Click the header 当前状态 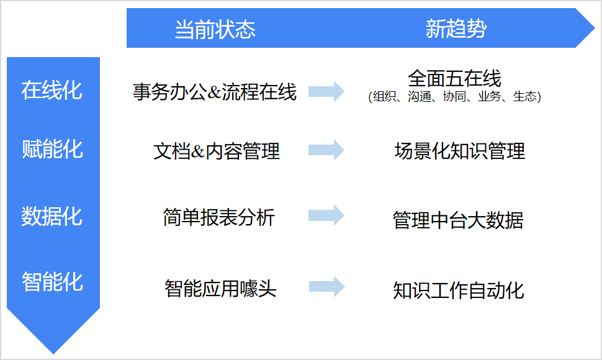(x=215, y=29)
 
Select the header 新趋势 (x=456, y=29)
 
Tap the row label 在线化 (x=52, y=90)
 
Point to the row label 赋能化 (x=52, y=149)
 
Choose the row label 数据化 (x=52, y=216)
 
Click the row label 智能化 (x=52, y=281)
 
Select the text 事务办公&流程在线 (x=215, y=92)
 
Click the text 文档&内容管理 (x=217, y=151)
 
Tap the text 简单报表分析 (x=219, y=217)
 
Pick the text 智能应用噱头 (x=220, y=288)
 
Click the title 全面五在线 (x=454, y=78)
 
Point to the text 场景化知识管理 (x=459, y=151)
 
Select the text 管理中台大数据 (x=458, y=220)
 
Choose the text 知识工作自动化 (x=459, y=290)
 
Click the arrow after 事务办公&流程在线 (x=326, y=92)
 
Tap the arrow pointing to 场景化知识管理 (x=326, y=150)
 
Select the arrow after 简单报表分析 (x=326, y=215)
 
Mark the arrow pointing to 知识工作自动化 (x=326, y=286)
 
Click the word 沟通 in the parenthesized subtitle (x=420, y=96)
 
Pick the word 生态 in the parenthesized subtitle (x=525, y=96)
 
